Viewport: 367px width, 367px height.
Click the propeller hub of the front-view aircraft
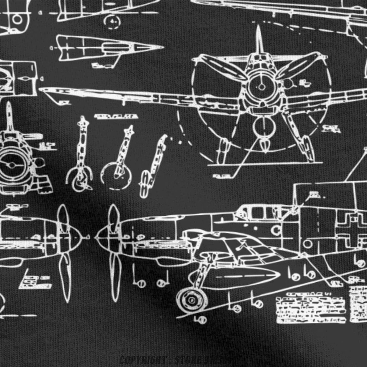tap(261, 87)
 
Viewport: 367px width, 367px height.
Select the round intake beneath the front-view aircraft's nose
tap(264, 127)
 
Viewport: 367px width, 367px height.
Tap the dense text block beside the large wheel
tap(310, 309)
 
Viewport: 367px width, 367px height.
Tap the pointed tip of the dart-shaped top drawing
tap(162, 47)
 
